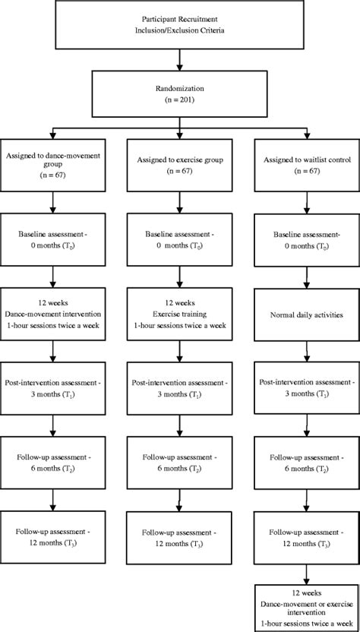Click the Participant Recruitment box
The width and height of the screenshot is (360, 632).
[180, 24]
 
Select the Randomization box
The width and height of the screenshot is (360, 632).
[180, 93]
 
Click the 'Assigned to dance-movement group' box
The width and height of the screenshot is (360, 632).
[53, 160]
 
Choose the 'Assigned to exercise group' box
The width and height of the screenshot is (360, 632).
[180, 160]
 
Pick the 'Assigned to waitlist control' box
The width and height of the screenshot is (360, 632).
[307, 160]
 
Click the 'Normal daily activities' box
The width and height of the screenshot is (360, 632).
[307, 314]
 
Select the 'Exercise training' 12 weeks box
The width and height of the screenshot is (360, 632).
[180, 314]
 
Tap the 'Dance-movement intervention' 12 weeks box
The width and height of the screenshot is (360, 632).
[53, 314]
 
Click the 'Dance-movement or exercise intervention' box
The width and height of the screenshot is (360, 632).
[307, 608]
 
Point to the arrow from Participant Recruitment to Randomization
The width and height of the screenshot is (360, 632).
[180, 60]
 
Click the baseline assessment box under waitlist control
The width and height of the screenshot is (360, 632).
[307, 240]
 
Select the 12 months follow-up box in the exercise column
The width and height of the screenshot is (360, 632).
[180, 538]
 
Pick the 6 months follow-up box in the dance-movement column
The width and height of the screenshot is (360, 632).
[53, 463]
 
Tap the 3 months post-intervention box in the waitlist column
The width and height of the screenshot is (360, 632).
[307, 388]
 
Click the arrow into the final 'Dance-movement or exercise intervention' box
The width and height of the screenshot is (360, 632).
[307, 575]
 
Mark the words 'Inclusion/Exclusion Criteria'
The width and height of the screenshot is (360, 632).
[180, 30]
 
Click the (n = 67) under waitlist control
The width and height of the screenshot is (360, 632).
[307, 170]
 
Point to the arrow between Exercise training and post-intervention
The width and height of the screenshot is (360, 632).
[180, 352]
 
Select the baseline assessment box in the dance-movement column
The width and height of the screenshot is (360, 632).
[53, 240]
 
